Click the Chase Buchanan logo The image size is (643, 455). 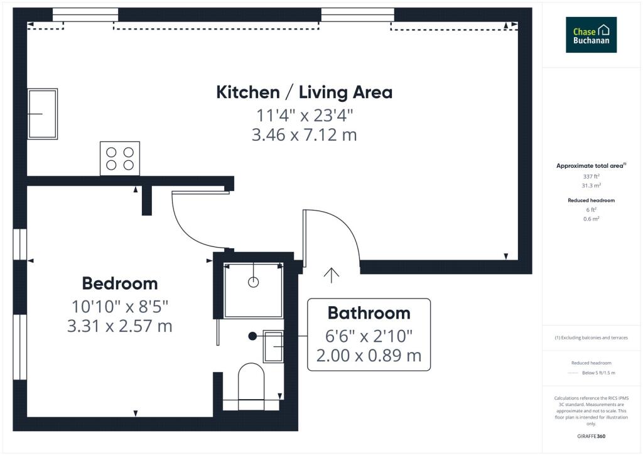click(x=591, y=35)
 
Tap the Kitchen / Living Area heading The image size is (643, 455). click(x=305, y=92)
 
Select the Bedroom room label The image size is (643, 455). click(x=120, y=283)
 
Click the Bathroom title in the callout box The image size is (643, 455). click(x=369, y=313)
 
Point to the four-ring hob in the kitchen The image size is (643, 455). click(x=120, y=158)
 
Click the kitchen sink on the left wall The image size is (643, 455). click(x=42, y=114)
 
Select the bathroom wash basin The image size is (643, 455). click(x=273, y=346)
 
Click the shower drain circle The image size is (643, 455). click(x=254, y=282)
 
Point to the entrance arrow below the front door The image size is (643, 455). click(x=331, y=276)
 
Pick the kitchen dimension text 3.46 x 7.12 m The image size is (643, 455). click(x=305, y=135)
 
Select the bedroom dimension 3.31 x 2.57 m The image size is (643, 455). click(x=120, y=326)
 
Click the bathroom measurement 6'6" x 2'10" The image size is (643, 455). click(x=369, y=336)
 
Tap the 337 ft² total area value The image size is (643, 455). click(x=591, y=177)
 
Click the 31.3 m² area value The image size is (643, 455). click(x=591, y=185)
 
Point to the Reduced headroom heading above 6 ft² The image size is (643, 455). click(x=591, y=200)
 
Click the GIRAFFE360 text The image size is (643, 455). click(x=591, y=436)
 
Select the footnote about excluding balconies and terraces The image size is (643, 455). click(x=591, y=337)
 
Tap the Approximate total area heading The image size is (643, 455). click(x=591, y=166)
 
